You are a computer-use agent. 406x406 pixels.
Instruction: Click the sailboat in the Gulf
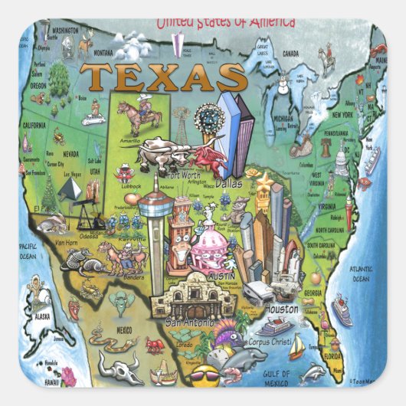(x=296, y=349)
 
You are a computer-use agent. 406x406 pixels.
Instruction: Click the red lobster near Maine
(x=378, y=53)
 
